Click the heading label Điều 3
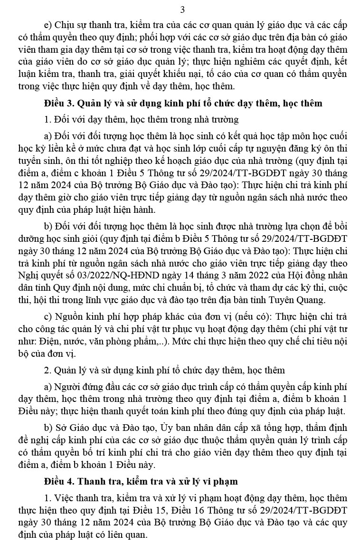[x=58, y=103]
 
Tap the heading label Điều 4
[x=58, y=481]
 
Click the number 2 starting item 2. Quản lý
[x=46, y=370]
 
